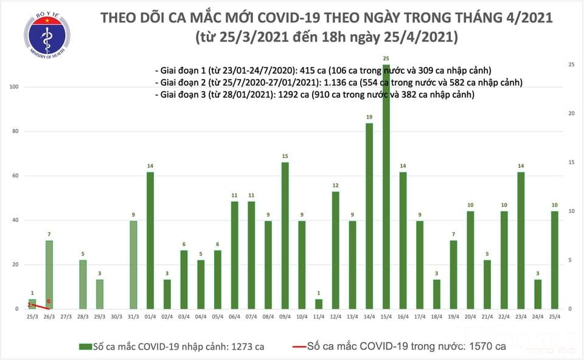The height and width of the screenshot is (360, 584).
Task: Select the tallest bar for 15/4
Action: pos(386,186)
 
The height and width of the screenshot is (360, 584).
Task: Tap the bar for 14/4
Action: pos(369,216)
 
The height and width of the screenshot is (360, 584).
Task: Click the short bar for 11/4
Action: pos(318,303)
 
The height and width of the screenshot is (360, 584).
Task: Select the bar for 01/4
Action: pos(150,240)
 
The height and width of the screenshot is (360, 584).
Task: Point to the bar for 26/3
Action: pos(49,274)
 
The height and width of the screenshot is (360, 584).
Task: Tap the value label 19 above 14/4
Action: pos(369,117)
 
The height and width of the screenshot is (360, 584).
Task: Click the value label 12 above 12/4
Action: pos(335,185)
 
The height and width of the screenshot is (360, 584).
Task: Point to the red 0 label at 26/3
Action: pos(48,302)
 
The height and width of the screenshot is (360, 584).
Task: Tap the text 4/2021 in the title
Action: pos(524,17)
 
